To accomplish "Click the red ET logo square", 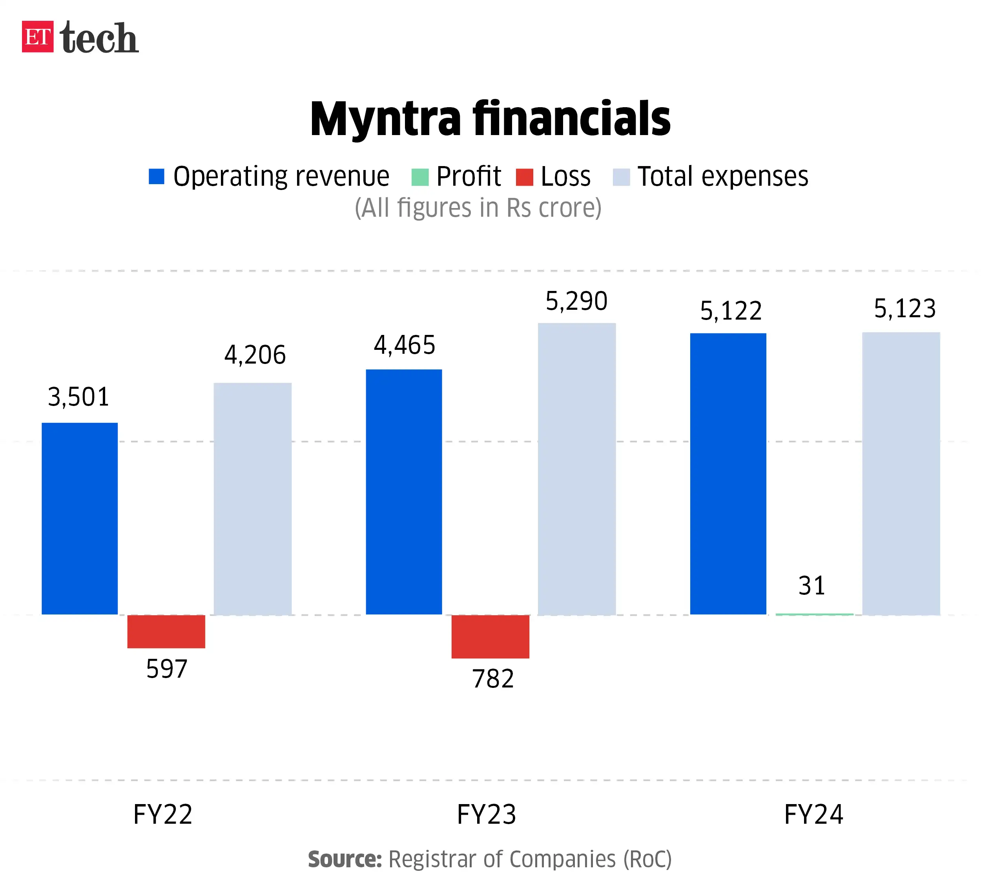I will point(37,37).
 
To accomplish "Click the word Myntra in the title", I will point(385,119).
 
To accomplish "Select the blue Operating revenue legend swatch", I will point(156,176).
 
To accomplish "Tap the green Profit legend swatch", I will point(420,177).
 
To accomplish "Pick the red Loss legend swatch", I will point(525,177).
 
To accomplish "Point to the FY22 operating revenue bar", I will point(80,519).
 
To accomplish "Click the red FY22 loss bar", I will point(166,632).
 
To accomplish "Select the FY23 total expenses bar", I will point(576,468).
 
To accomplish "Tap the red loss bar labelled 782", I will point(491,636).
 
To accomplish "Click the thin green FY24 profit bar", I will point(814,614).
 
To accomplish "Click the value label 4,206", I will point(255,355).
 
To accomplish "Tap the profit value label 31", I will point(811,585).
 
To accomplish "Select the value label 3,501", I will point(78,397).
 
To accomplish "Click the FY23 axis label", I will point(486,815).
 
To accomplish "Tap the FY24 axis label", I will point(813,815).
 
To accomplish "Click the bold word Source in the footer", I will point(345,859).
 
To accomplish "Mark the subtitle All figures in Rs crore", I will point(478,208).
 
